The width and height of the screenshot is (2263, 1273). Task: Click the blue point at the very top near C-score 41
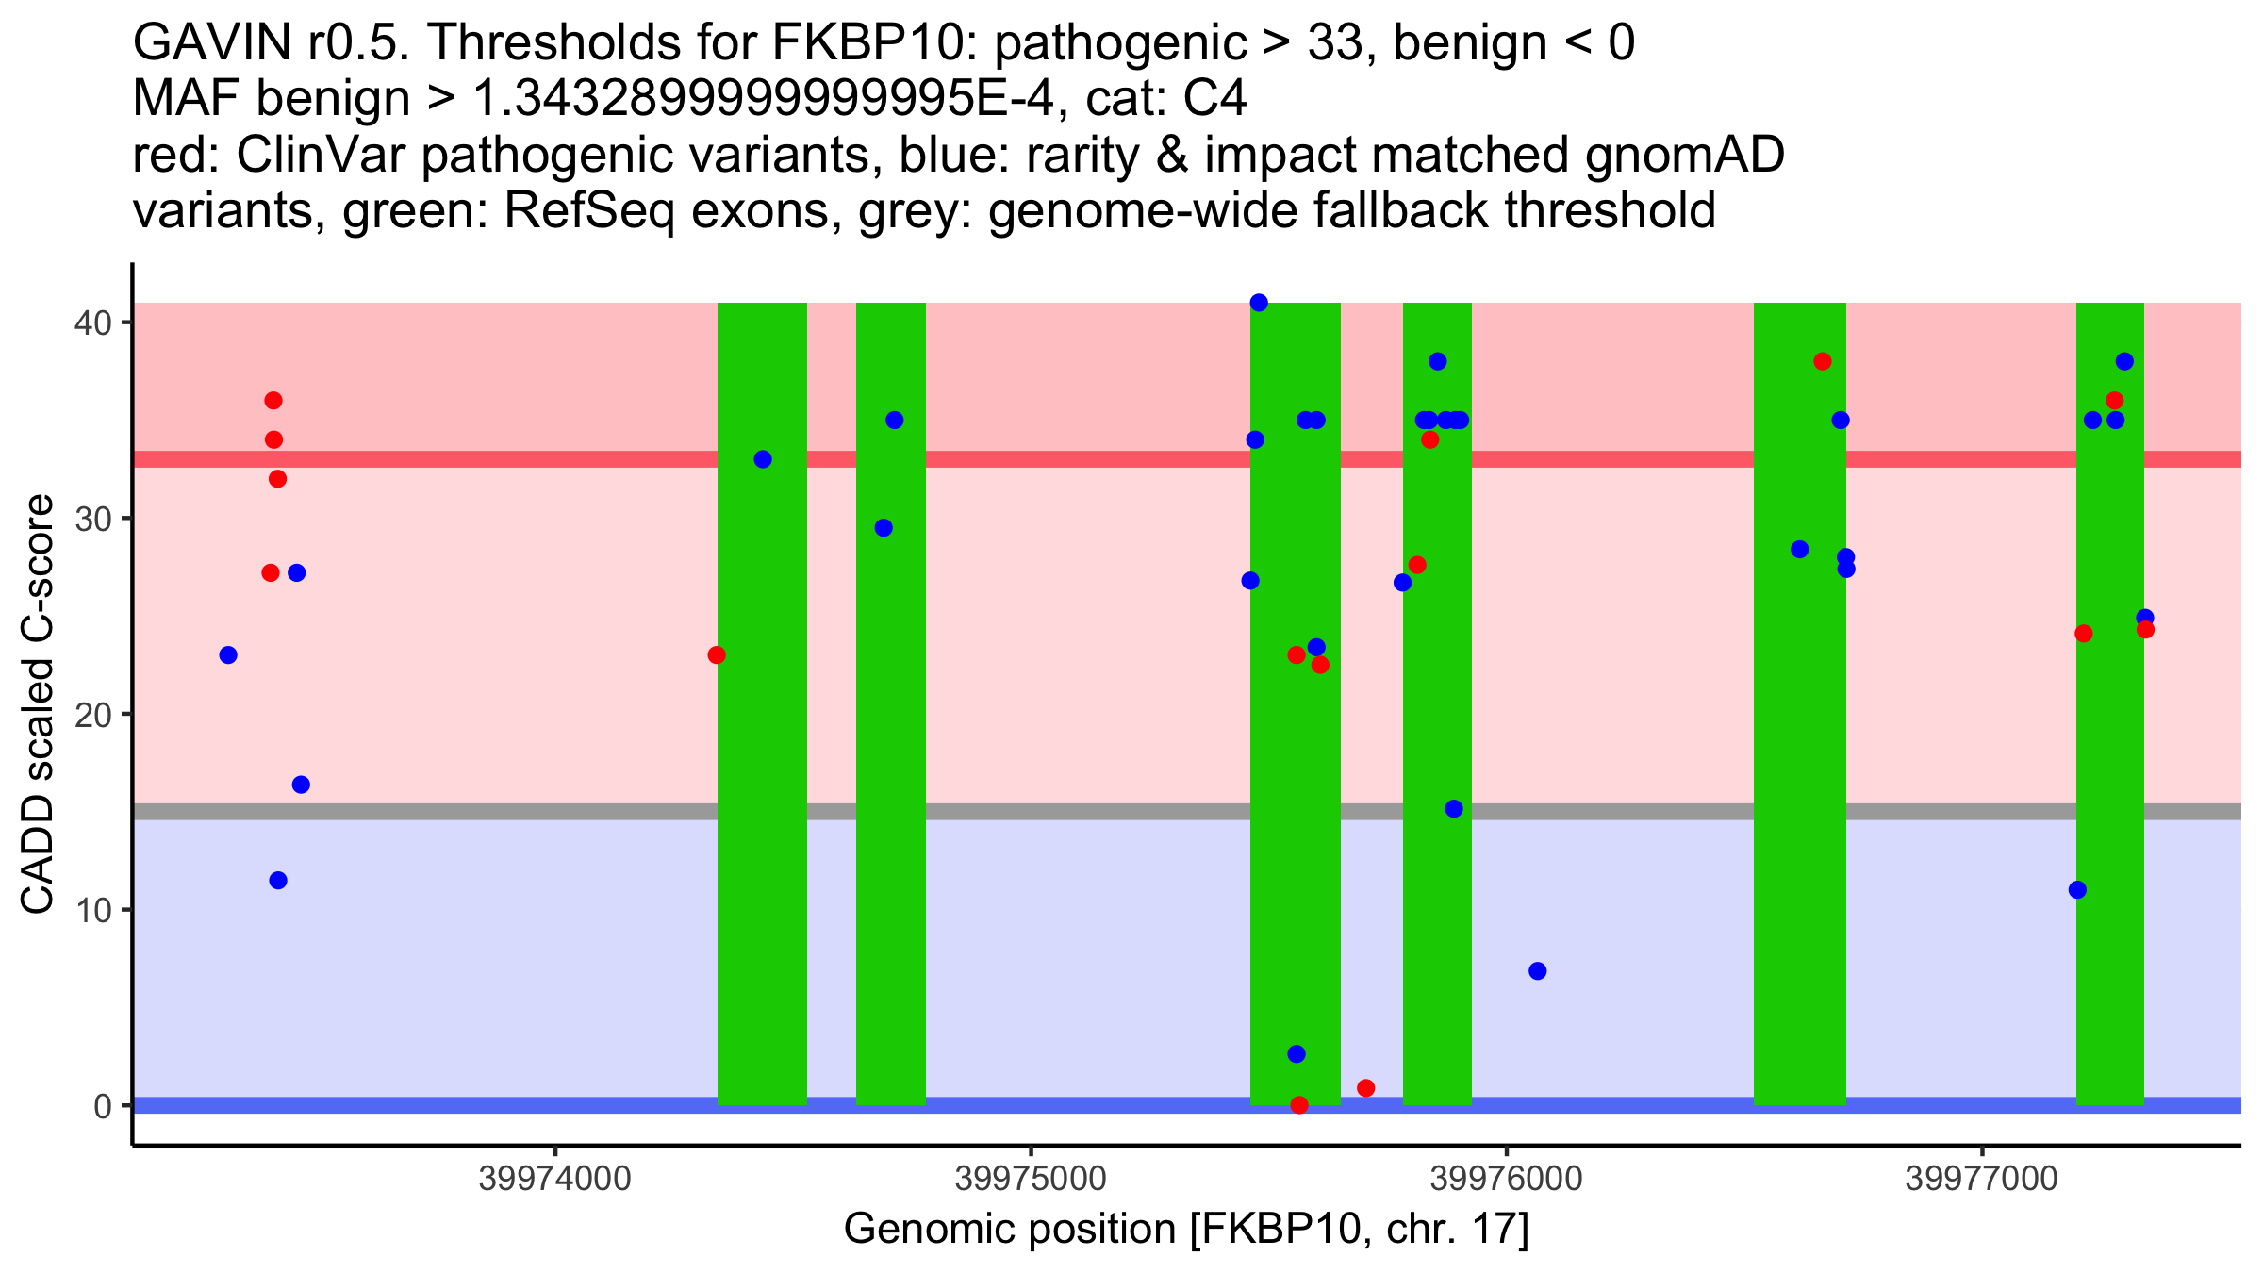coord(1259,303)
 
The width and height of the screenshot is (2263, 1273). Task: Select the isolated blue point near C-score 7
coord(1538,971)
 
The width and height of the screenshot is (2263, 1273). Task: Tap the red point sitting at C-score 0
coord(1299,1105)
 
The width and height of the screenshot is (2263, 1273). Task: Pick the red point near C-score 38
coord(1823,361)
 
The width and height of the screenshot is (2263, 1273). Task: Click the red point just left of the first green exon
coord(717,655)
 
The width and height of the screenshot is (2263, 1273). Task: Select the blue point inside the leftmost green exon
coord(763,459)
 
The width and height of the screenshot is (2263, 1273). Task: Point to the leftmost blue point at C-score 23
coord(228,655)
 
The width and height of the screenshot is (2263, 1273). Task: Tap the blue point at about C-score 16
coord(301,785)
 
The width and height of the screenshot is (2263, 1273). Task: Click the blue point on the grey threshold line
coord(1454,809)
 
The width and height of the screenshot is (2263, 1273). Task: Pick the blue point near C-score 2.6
coord(1297,1054)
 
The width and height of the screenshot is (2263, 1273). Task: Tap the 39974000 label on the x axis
coord(554,1179)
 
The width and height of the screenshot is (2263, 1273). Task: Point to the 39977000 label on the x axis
coord(1981,1179)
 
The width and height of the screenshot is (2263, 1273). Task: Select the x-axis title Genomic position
coord(1186,1229)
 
